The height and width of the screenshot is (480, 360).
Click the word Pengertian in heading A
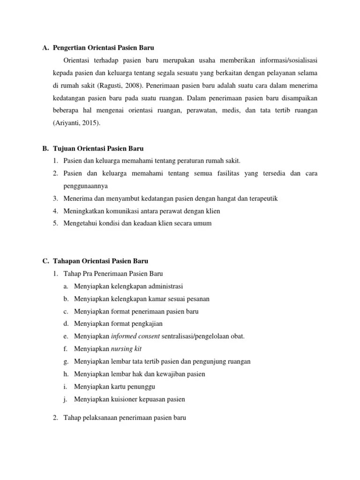70,48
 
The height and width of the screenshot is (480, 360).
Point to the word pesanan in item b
198,299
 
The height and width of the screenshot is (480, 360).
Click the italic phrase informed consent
135,336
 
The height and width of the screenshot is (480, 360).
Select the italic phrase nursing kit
126,349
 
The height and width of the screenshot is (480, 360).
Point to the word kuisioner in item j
124,399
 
